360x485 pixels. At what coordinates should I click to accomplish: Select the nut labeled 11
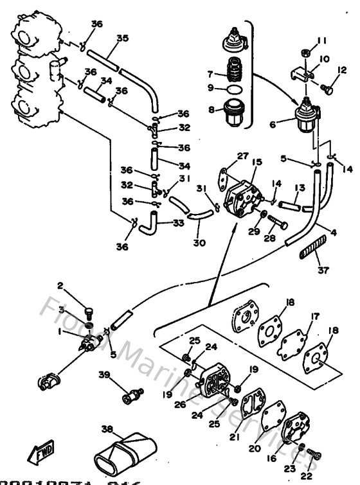pyautogui.click(x=306, y=53)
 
